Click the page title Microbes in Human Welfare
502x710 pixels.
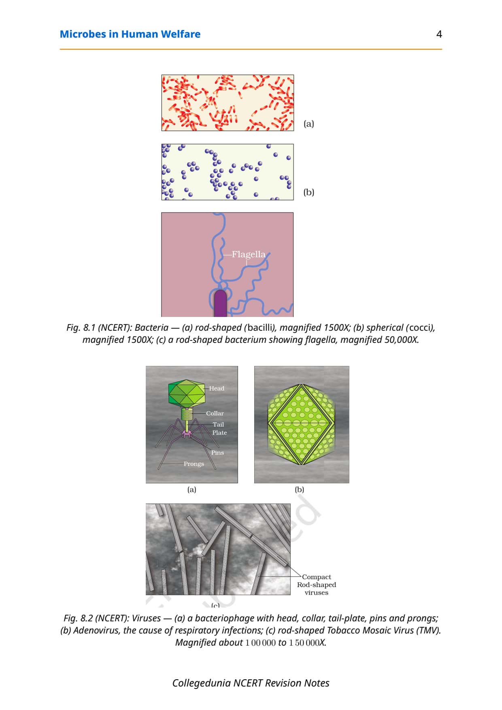coord(130,34)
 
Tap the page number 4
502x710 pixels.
coord(439,34)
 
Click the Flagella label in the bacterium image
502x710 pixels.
coord(249,254)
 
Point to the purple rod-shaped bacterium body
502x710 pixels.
coord(220,303)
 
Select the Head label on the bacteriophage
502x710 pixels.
coord(217,388)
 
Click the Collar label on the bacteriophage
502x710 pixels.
coord(215,413)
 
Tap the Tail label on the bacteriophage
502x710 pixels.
coord(218,424)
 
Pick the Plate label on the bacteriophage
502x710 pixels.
coord(219,432)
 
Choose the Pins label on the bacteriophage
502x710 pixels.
coord(217,453)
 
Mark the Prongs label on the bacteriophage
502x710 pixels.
coord(194,464)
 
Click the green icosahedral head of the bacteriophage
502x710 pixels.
coord(187,393)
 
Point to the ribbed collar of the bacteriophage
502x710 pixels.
coord(187,414)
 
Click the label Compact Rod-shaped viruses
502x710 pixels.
coord(317,585)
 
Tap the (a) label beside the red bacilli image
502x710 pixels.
coord(309,123)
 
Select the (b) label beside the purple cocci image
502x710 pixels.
coord(309,192)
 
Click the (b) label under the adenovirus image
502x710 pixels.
coord(300,489)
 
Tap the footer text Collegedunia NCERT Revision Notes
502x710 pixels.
coord(251,683)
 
